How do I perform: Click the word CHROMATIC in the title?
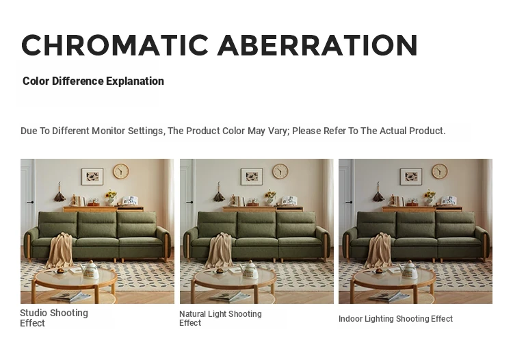115,45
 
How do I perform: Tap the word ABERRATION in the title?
317,45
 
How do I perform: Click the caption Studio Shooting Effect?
54,318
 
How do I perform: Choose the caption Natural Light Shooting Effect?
220,318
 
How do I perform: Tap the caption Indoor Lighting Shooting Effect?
395,319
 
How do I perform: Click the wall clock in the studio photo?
121,171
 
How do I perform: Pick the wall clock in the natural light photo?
280,171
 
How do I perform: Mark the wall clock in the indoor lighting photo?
439,171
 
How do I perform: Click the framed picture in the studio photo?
92,177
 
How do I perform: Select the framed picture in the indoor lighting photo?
411,177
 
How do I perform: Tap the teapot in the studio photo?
90,270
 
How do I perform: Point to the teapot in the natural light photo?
250,270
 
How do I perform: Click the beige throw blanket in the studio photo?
60,250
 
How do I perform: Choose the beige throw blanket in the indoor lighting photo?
379,250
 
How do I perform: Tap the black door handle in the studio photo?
30,203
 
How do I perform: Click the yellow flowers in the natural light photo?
271,194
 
